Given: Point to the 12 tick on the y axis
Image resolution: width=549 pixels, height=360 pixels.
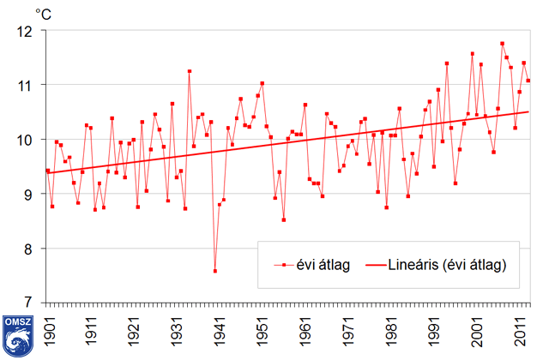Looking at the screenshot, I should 24,31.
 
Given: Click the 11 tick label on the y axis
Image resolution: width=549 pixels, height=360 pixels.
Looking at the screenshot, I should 24,86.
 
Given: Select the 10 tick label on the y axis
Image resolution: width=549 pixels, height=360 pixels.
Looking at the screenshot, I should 24,140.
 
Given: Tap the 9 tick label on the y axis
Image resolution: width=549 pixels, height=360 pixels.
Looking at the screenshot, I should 27,195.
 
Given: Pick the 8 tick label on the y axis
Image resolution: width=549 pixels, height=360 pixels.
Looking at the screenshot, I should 27,249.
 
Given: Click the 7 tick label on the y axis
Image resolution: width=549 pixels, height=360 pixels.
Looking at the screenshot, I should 27,303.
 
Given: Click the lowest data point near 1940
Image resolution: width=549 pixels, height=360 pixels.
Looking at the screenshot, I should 214,271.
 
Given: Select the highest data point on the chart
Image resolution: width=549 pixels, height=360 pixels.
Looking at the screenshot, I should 502,44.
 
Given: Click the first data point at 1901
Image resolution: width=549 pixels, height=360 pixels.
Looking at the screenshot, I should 47,170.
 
